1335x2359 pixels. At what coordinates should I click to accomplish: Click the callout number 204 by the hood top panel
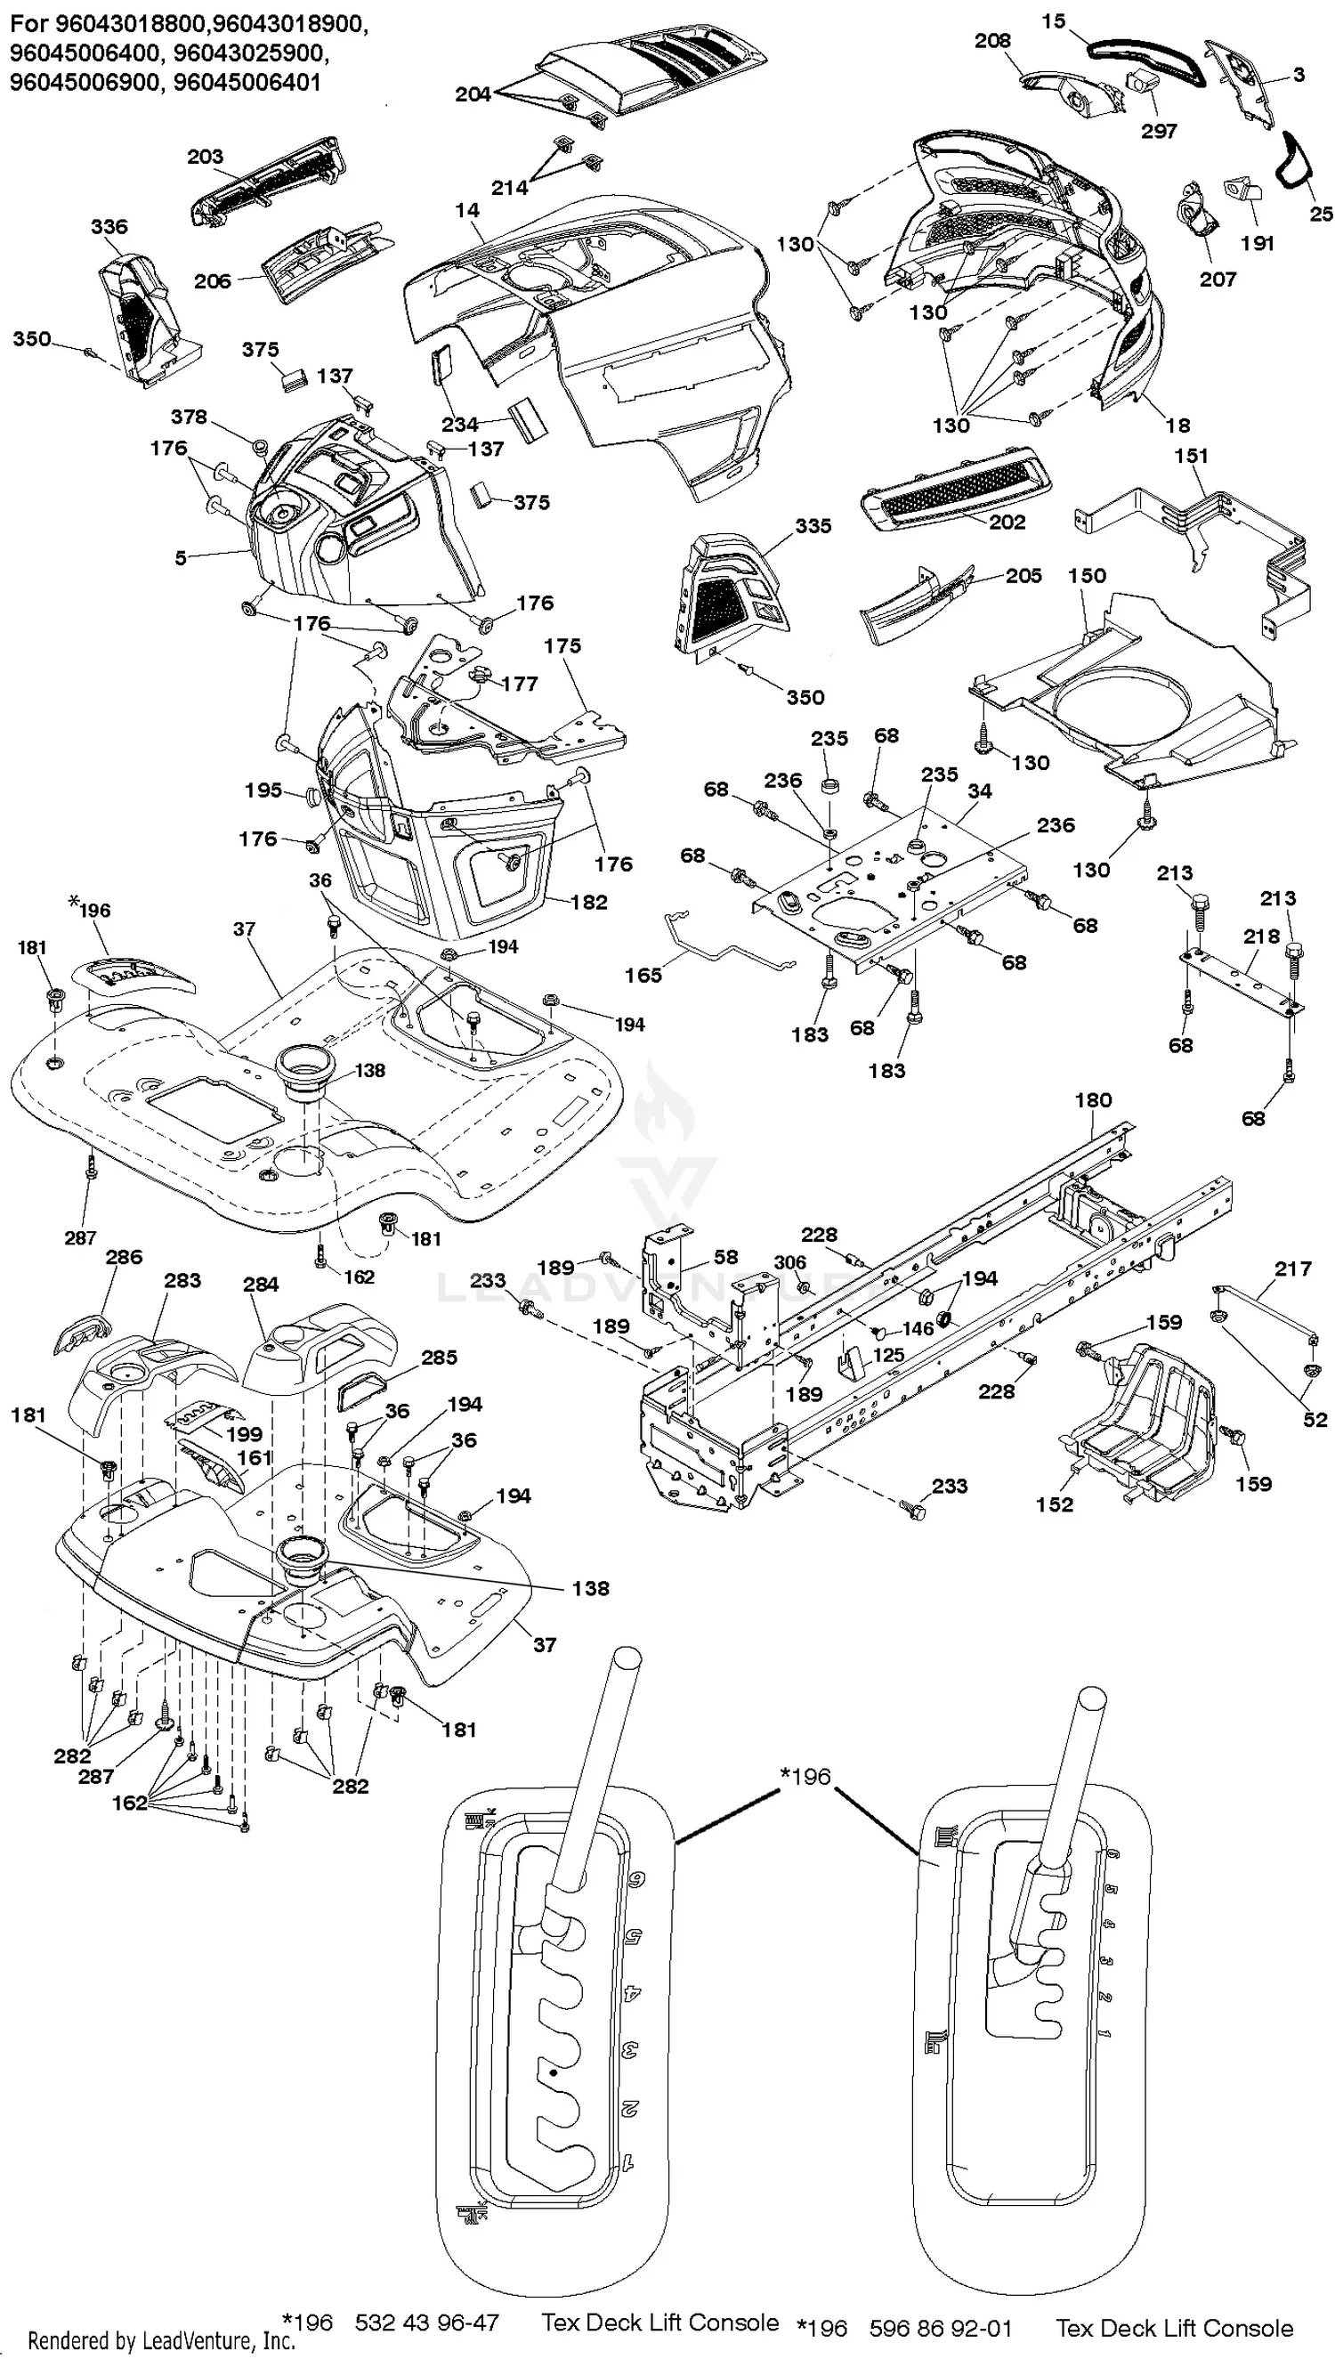click(473, 94)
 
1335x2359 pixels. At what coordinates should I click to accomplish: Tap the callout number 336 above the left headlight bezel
click(109, 226)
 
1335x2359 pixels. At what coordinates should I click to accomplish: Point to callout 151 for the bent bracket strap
click(1191, 456)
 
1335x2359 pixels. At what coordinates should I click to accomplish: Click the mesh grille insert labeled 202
click(953, 486)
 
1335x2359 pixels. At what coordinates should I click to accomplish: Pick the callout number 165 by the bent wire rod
click(643, 976)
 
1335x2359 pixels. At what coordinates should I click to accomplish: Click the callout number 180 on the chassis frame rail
click(1093, 1099)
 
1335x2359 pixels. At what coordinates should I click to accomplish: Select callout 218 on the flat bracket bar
click(1262, 936)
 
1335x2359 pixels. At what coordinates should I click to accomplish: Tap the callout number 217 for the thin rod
click(1293, 1268)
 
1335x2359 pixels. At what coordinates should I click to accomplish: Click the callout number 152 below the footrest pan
click(1055, 1504)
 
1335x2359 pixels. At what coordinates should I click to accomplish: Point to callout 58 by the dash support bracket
click(726, 1257)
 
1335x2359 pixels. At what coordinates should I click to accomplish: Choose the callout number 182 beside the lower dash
click(588, 902)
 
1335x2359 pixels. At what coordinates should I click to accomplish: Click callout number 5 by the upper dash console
click(181, 557)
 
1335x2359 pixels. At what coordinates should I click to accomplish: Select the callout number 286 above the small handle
click(124, 1257)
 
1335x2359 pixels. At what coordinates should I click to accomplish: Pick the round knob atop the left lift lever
click(627, 1658)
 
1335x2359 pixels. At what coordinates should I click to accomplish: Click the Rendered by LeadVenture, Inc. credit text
click(161, 2340)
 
